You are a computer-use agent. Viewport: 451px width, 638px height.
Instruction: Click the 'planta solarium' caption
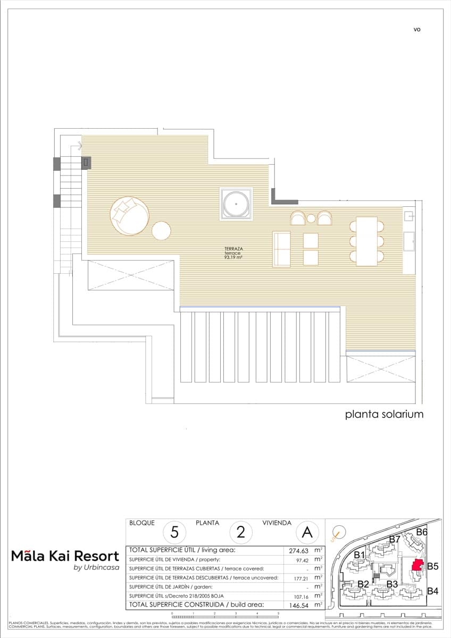point(384,414)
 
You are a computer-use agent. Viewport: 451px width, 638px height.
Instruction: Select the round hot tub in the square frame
point(235,203)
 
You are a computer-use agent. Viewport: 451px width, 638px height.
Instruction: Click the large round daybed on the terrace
point(129,216)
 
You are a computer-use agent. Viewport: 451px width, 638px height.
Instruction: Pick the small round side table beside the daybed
point(161,231)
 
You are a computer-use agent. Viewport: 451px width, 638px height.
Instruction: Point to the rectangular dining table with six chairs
point(366,241)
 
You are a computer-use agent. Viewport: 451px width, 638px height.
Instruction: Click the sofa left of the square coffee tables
point(282,249)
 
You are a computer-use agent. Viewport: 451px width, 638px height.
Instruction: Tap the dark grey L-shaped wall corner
point(282,198)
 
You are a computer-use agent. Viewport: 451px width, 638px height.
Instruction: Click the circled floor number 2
point(240,532)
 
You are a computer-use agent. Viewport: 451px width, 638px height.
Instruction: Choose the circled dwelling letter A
point(307,532)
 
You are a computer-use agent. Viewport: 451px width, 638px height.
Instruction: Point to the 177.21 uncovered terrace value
point(298,577)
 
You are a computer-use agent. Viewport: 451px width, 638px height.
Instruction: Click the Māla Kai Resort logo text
point(65,557)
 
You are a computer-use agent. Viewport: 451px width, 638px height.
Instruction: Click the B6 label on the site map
point(422,532)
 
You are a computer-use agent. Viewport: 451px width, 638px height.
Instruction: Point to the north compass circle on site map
point(338,532)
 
